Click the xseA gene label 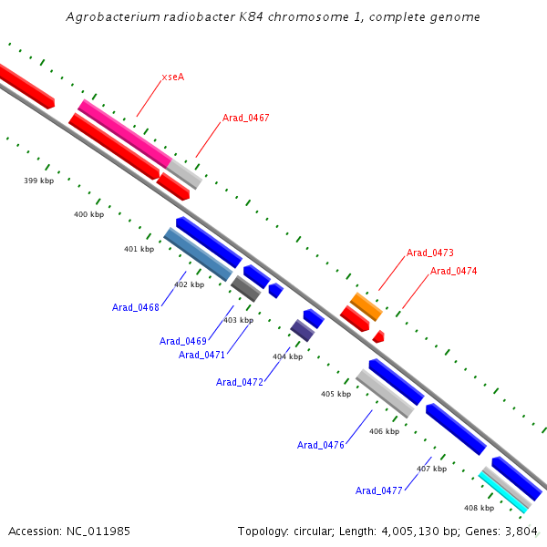172,77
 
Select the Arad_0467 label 245,119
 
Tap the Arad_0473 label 429,253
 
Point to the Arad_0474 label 453,271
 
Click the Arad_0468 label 136,307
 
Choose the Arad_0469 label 183,341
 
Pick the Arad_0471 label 202,355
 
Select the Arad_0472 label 240,382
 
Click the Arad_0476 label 321,445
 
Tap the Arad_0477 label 379,490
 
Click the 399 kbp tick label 38,181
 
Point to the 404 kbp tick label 287,356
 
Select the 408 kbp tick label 479,508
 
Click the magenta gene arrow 123,132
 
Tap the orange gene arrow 366,306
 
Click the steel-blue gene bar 198,254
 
